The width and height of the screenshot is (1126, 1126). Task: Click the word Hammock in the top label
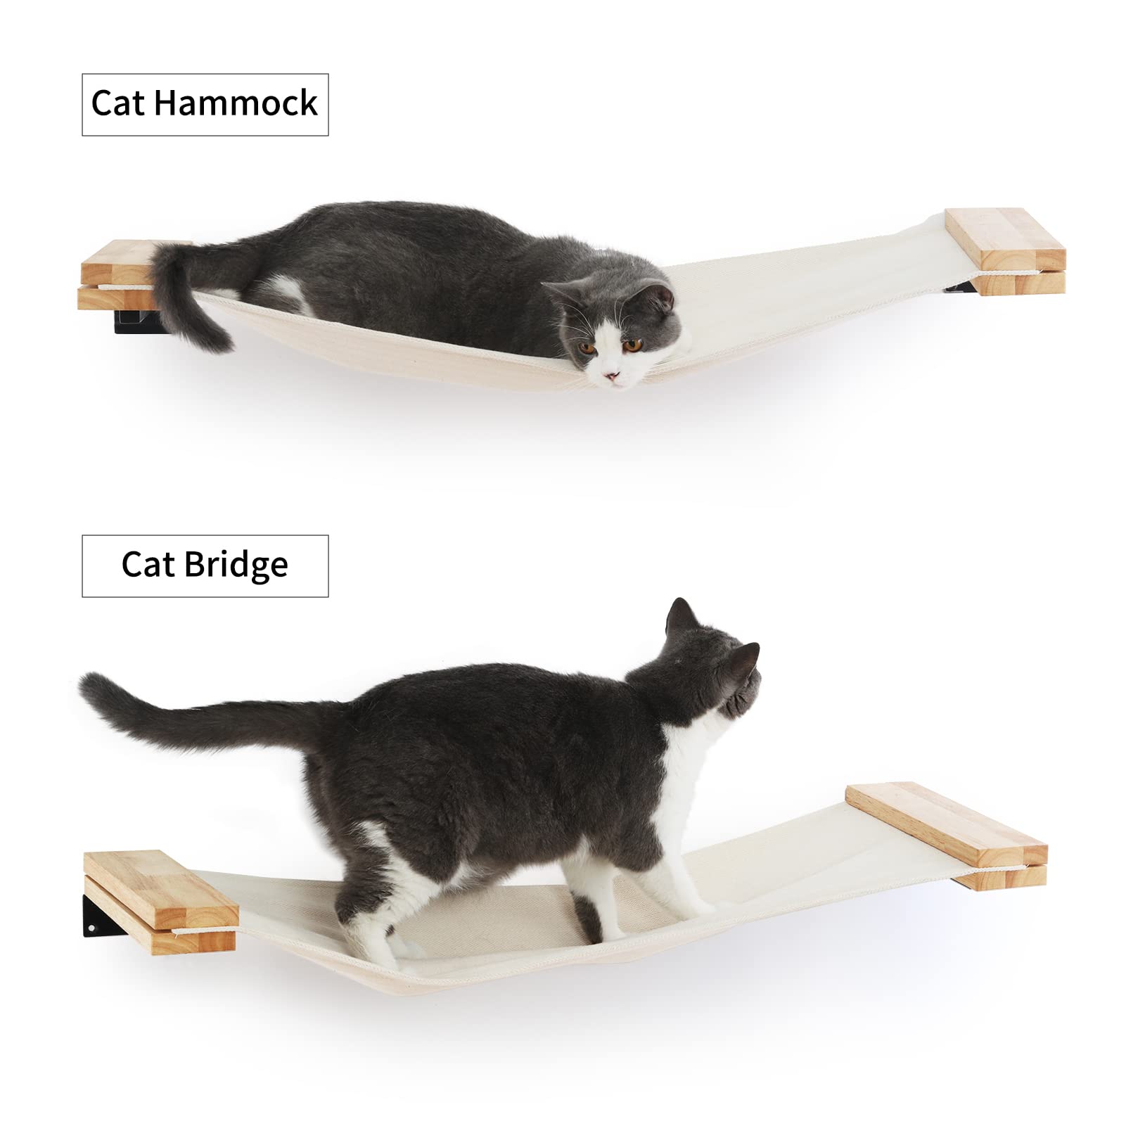(x=236, y=103)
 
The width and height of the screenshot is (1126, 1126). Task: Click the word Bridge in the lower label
(x=236, y=565)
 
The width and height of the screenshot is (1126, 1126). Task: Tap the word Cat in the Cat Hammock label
(x=117, y=103)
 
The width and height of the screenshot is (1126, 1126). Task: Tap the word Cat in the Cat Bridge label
(x=147, y=565)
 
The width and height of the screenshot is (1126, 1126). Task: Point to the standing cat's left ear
(x=679, y=615)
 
